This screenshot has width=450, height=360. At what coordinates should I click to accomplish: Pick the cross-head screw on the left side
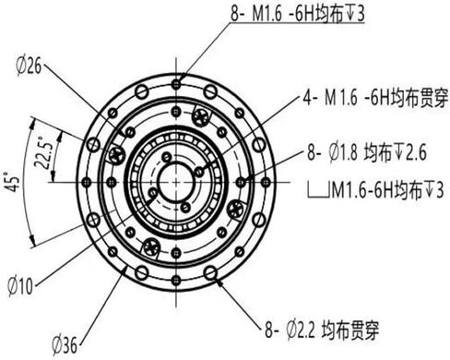click(x=117, y=154)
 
